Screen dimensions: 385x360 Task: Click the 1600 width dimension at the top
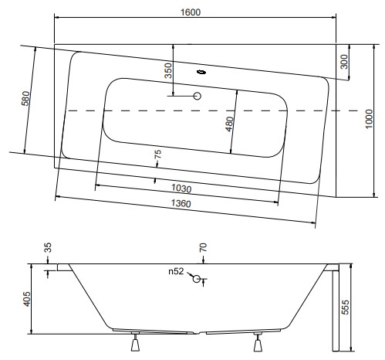[191, 12]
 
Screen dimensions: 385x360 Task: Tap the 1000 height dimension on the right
[369, 119]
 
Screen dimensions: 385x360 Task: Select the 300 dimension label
[344, 62]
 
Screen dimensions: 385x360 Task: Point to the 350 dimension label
[168, 70]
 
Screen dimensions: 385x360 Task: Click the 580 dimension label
[25, 98]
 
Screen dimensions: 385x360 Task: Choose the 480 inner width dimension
[229, 124]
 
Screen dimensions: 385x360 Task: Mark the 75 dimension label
[158, 154]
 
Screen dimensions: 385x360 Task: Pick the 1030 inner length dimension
[181, 188]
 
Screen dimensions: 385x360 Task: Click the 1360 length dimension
[181, 203]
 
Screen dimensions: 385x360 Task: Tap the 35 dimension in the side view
[48, 247]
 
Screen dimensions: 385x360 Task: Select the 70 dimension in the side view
[203, 247]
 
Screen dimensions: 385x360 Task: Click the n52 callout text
[176, 271]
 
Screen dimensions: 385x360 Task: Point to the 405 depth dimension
[26, 299]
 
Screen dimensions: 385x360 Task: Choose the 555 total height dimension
[345, 307]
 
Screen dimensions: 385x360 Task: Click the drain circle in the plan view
[198, 96]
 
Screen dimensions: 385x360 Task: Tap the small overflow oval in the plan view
[201, 72]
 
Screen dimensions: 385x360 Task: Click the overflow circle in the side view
[197, 279]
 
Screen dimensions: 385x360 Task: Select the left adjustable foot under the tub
[135, 342]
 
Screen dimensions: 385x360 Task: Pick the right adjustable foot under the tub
[258, 342]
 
